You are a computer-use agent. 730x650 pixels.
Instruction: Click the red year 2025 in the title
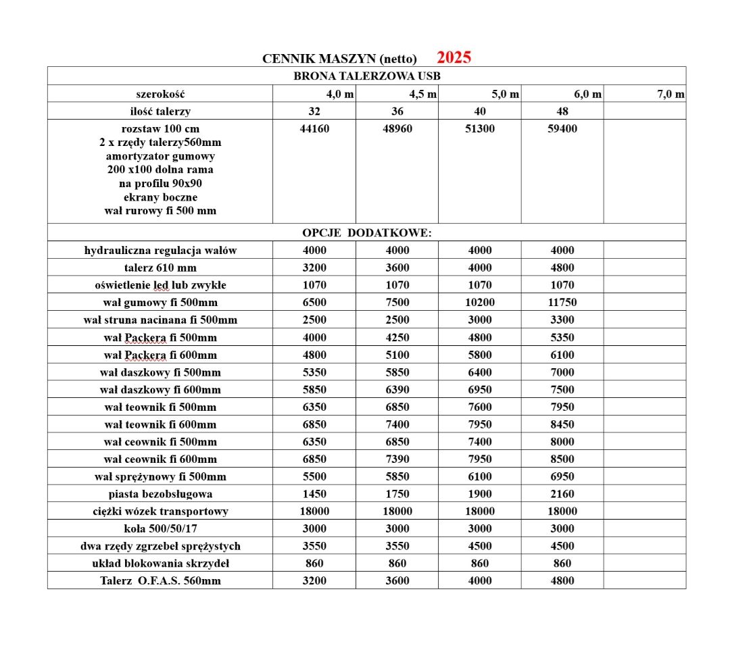(x=454, y=57)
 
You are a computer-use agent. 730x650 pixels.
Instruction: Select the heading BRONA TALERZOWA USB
(x=366, y=76)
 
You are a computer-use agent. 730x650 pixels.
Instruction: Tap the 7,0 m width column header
(x=671, y=94)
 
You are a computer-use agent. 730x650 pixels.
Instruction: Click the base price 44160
(x=314, y=128)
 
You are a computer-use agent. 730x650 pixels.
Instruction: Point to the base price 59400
(x=562, y=128)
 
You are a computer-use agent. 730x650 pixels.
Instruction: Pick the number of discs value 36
(x=397, y=111)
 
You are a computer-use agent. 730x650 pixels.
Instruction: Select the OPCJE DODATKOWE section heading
(x=366, y=233)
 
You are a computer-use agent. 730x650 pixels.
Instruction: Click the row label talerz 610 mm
(x=160, y=268)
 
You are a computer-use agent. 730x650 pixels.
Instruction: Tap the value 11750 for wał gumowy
(x=562, y=302)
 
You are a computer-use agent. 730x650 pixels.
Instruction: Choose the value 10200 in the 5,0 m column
(x=480, y=302)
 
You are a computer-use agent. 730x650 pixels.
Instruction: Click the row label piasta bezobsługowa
(x=160, y=494)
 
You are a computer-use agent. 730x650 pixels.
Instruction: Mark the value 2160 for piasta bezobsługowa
(x=562, y=494)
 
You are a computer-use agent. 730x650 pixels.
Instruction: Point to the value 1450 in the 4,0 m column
(x=314, y=494)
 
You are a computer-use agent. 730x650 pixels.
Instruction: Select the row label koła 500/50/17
(x=160, y=528)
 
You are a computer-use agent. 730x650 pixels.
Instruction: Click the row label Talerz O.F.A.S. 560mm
(x=160, y=580)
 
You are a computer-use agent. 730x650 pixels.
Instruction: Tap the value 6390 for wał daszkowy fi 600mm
(x=397, y=389)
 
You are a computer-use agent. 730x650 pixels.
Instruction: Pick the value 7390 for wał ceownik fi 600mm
(x=397, y=459)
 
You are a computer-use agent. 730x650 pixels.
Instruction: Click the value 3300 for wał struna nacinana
(x=562, y=320)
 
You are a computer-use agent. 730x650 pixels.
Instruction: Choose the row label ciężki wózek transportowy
(x=160, y=511)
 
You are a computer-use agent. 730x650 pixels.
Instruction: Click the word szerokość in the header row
(x=160, y=94)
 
